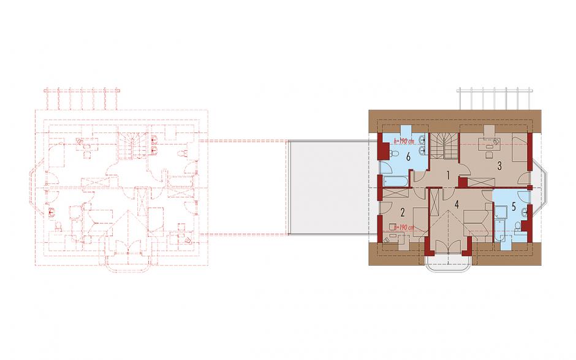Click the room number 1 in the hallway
click(448, 175)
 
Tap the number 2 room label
click(403, 212)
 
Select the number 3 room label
click(499, 166)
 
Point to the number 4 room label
click(457, 204)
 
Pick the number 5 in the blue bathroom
click(513, 207)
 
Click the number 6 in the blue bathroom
click(407, 157)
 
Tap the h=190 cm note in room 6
click(404, 140)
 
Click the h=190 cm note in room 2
click(403, 228)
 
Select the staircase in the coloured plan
click(444, 147)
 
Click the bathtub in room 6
click(395, 182)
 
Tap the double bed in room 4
click(476, 222)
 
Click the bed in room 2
click(421, 219)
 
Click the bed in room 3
click(520, 148)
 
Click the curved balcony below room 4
click(448, 264)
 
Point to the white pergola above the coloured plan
click(495, 99)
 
